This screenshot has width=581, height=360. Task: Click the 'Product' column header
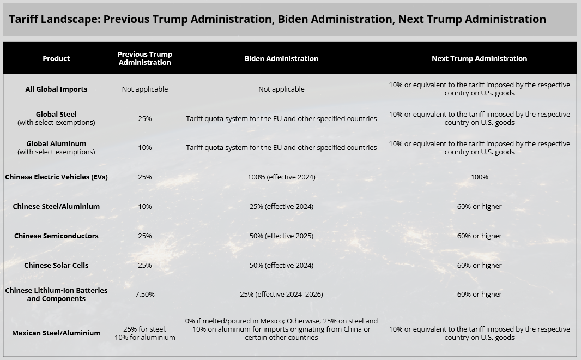56,58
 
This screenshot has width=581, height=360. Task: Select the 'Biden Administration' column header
281,58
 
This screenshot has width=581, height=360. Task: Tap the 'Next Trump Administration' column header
479,58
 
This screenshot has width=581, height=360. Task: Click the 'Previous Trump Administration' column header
145,58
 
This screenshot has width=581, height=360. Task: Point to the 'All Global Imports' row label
56,89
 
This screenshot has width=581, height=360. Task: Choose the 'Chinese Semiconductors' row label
56,236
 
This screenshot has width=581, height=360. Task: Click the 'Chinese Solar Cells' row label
56,265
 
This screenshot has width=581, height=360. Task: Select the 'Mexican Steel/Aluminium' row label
56,333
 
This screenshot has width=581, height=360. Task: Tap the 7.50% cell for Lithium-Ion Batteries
145,295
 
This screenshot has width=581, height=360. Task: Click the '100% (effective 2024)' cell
281,177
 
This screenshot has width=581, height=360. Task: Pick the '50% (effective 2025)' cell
281,236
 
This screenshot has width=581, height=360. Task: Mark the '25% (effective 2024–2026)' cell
281,295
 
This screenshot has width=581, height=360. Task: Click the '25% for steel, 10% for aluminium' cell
145,333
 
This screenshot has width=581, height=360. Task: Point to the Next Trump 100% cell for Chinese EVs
479,177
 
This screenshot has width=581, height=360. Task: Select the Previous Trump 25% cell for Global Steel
145,119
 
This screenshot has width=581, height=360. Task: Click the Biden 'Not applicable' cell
281,89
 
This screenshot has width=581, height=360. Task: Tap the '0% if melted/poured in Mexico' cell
281,329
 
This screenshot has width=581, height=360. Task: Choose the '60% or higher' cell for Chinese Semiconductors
479,236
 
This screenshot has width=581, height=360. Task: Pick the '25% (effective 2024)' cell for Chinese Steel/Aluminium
281,206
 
